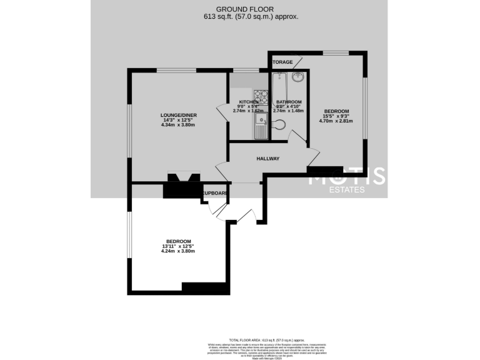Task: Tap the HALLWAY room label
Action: [x=267, y=159]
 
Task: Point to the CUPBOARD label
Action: [x=214, y=193]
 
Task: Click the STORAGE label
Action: [x=282, y=62]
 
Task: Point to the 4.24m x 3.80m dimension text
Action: [x=178, y=251]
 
